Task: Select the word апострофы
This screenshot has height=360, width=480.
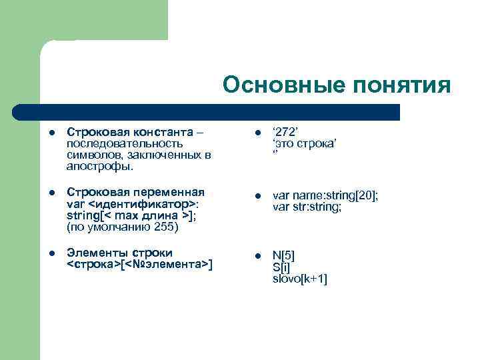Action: [x=100, y=165]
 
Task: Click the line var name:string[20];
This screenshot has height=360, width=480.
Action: [x=325, y=196]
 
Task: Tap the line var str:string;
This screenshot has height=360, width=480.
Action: [x=307, y=207]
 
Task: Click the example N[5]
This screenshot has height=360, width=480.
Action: [x=283, y=257]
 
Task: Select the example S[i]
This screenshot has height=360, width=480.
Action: [x=280, y=267]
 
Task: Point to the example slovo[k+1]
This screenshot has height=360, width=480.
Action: [x=299, y=279]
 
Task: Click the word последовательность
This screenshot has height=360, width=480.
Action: [x=125, y=143]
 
